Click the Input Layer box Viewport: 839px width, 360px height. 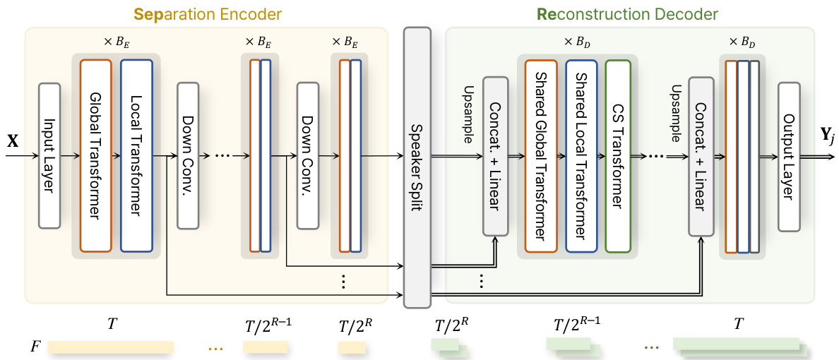coord(49,155)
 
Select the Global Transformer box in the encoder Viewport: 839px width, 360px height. coord(96,155)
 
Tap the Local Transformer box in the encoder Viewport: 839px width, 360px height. coord(136,155)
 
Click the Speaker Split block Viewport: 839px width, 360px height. coord(417,167)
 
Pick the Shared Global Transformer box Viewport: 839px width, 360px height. coord(541,155)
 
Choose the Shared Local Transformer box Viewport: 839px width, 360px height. coord(581,155)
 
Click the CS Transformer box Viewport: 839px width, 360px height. coord(618,155)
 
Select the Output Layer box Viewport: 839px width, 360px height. coord(789,156)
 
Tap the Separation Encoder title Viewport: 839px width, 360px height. coord(206,13)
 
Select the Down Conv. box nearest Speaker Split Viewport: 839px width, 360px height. coord(308,155)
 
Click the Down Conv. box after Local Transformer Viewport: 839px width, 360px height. coord(189,155)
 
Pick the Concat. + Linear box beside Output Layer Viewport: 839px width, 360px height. coord(700,156)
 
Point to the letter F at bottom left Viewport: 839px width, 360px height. coord(35,347)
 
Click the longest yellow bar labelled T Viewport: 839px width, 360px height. coord(110,347)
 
